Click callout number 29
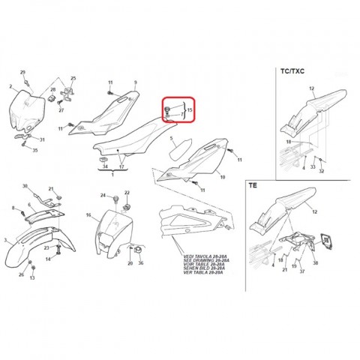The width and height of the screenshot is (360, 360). pos(22,72)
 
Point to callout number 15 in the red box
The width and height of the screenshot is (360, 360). pos(190,110)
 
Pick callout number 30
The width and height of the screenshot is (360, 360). pos(25,186)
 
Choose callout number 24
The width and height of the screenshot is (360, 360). pos(103,195)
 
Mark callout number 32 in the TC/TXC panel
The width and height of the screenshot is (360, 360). pos(322,171)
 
